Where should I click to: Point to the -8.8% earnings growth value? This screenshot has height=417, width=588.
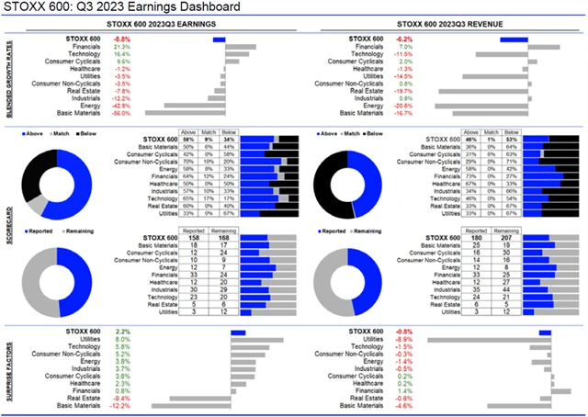(x=121, y=39)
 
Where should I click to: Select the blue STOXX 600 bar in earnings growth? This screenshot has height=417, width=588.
(x=219, y=39)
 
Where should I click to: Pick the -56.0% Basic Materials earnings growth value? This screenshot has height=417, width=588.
(x=120, y=113)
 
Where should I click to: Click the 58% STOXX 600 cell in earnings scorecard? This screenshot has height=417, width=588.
(x=187, y=139)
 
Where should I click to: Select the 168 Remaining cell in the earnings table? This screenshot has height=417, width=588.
(x=218, y=239)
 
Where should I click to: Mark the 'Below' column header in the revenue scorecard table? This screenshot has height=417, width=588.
(x=511, y=131)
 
